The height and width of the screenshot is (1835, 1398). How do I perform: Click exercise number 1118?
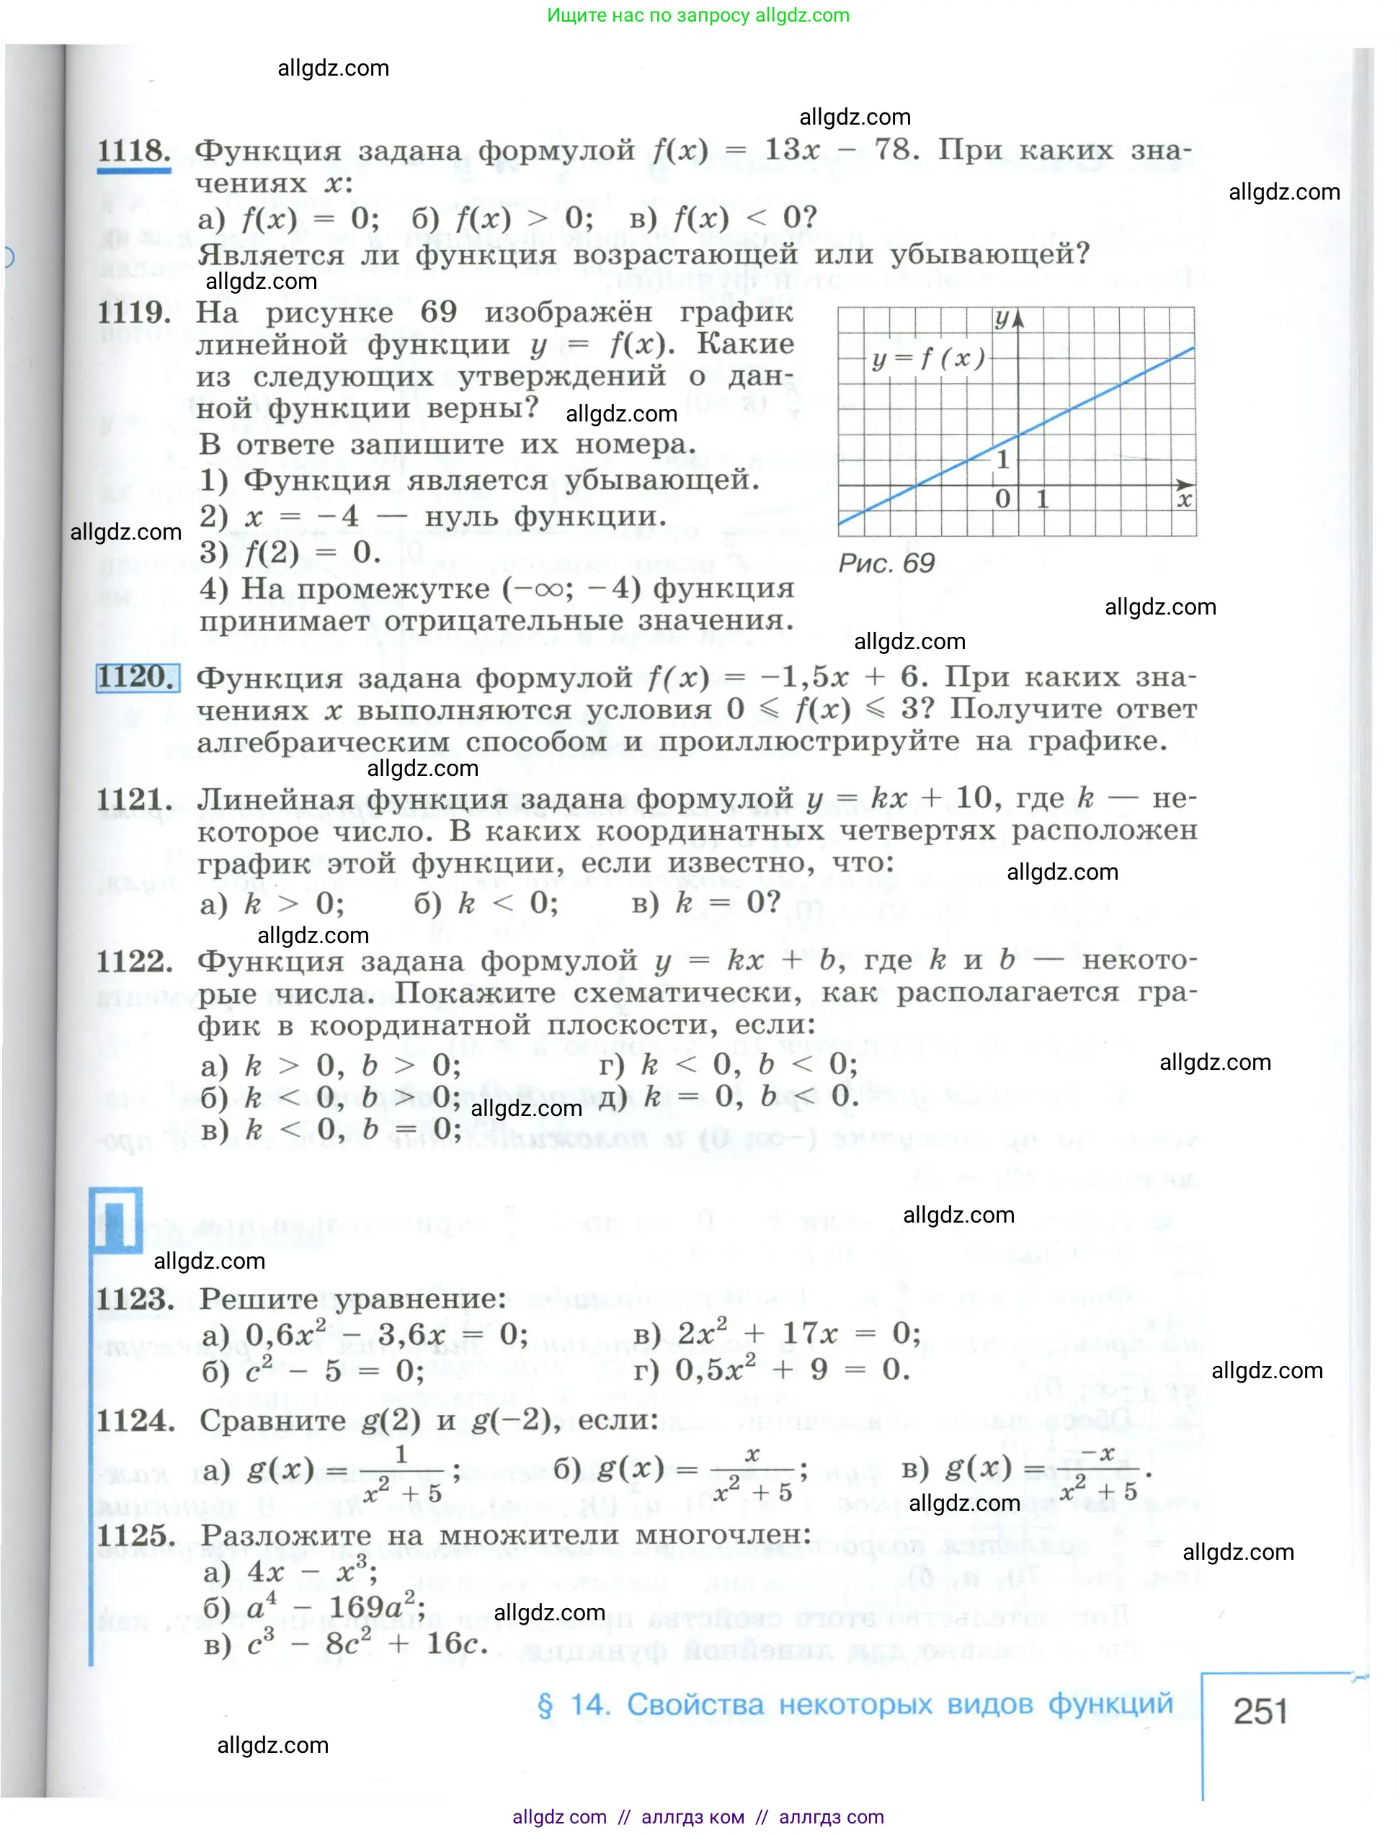[133, 151]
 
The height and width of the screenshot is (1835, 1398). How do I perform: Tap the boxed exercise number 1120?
[138, 677]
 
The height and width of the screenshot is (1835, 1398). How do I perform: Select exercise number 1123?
[135, 1299]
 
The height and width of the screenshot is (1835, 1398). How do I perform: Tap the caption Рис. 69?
[886, 564]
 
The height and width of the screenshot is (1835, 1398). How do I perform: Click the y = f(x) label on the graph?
[928, 360]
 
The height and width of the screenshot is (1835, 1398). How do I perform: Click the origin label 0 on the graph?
[1002, 499]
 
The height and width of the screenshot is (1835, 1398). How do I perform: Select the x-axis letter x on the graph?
[1184, 500]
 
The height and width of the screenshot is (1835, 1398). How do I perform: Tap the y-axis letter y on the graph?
[1002, 318]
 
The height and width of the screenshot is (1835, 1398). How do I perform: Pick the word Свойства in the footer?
[694, 1705]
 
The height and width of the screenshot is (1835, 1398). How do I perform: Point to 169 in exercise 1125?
[355, 1607]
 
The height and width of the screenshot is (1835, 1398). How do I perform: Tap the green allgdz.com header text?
[698, 15]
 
